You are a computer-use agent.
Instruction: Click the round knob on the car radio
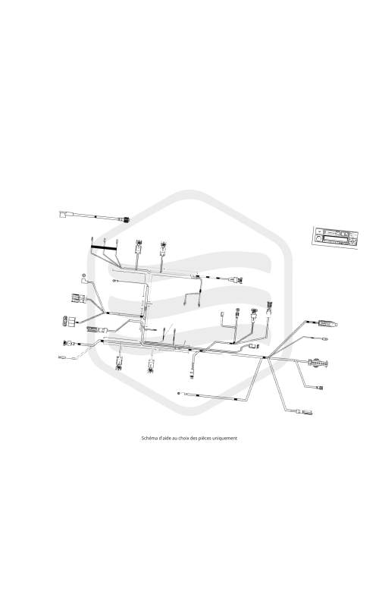319,239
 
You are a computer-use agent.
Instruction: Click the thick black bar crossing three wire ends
104,248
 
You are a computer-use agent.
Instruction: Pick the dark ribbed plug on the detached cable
125,220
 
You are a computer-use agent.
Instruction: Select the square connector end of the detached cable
64,214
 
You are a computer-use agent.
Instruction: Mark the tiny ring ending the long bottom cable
178,393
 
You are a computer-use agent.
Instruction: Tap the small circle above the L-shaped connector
83,275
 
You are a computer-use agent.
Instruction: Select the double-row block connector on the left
70,321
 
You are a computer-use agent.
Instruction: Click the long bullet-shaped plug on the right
327,323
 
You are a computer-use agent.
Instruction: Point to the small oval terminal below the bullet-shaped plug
325,339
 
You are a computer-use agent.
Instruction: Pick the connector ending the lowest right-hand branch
305,411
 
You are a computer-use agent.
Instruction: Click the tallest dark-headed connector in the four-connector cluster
269,309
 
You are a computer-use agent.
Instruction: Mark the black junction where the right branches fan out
265,357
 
